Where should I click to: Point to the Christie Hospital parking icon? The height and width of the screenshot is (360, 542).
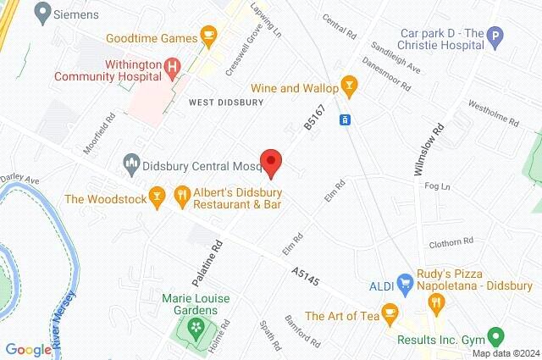coord(496,35)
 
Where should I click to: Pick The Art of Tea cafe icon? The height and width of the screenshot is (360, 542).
coord(390,312)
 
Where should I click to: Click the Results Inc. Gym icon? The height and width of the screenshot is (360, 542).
coord(497,336)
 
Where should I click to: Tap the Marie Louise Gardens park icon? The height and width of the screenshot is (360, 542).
coord(197,326)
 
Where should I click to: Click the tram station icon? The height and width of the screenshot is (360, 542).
coord(346,119)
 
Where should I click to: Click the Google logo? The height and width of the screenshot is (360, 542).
coord(28,349)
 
